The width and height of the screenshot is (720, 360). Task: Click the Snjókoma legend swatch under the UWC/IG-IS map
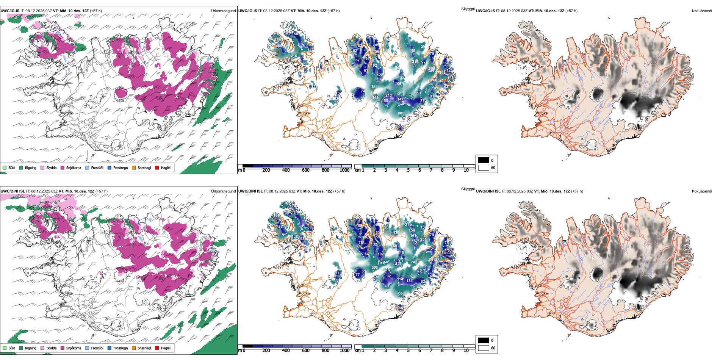tap(63, 167)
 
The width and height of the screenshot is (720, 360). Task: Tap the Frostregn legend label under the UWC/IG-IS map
tap(120, 167)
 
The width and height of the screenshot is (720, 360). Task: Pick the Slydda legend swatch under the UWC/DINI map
tap(42, 348)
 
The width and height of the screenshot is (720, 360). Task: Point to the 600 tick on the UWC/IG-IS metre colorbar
tap(306, 170)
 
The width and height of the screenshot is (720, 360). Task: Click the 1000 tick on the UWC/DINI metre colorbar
tap(344, 351)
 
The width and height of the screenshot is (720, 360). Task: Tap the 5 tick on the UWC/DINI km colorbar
tap(408, 351)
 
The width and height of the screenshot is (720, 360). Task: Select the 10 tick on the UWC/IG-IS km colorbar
tap(466, 170)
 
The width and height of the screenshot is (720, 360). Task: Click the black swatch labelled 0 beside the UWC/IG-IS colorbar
tap(484, 160)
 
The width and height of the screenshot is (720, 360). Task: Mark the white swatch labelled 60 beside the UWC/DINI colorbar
tap(484, 348)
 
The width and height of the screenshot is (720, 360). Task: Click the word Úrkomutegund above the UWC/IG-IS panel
tap(223, 11)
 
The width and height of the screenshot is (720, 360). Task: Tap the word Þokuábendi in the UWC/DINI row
tap(702, 191)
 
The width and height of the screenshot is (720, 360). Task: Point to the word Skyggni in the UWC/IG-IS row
tap(468, 9)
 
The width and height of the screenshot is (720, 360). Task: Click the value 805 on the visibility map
tap(401, 113)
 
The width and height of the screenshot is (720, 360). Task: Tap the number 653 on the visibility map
tap(401, 293)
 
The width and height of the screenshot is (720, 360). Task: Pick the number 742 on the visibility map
tap(414, 262)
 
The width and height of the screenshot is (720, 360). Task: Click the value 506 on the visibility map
tap(374, 268)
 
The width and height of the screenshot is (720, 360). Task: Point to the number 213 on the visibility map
tap(388, 95)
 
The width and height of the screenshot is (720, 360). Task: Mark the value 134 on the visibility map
tap(409, 281)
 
